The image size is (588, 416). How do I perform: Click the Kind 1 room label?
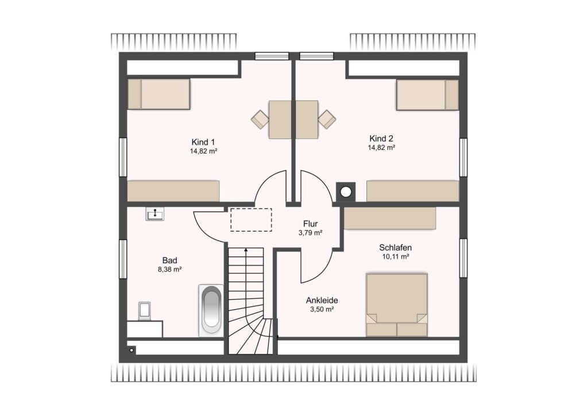(203, 142)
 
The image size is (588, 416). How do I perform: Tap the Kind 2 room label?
(381, 138)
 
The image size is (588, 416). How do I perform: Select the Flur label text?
(311, 224)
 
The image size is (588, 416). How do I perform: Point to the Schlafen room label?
(395, 248)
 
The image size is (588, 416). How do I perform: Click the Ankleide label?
(322, 301)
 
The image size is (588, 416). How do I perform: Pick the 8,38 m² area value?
(170, 269)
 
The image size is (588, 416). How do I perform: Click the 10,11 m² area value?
(396, 257)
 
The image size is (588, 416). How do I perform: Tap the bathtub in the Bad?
(211, 311)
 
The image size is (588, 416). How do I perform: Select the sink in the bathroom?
(154, 214)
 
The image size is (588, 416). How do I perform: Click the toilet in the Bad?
(144, 311)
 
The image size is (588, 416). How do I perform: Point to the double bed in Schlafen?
(397, 305)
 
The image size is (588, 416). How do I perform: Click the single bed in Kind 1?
(158, 94)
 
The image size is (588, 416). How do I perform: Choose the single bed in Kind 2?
(427, 95)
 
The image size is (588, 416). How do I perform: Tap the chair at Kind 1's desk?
(260, 120)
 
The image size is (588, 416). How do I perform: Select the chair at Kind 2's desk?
(327, 120)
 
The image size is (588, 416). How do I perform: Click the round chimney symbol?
(346, 192)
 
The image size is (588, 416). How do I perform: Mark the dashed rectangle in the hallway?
(251, 220)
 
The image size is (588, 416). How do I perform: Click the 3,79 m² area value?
(311, 233)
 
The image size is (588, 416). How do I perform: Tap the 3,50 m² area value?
(322, 310)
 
